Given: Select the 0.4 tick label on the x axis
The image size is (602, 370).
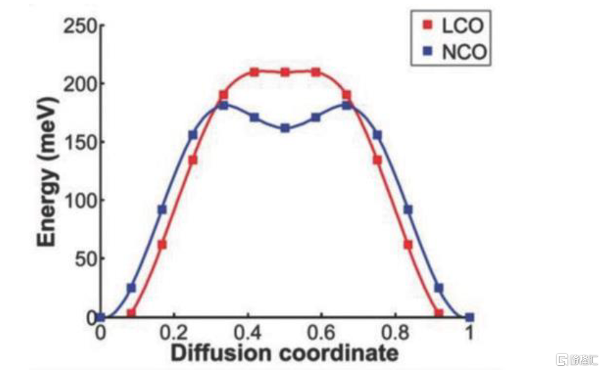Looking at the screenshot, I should click(248, 334).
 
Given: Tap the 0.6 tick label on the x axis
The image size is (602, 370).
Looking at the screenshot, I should click(322, 334).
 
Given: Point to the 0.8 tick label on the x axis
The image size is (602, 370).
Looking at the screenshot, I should click(396, 334).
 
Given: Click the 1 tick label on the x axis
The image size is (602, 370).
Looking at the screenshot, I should click(470, 334).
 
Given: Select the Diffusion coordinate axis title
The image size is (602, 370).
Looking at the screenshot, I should click(285, 353).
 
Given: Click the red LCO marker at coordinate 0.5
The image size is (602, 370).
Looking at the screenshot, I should click(285, 72).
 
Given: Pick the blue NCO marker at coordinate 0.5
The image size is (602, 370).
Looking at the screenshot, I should click(285, 129).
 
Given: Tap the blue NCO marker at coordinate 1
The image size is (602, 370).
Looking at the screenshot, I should click(470, 317).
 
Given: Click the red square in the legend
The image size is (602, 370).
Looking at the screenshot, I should click(428, 26).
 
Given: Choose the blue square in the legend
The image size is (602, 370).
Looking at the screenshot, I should click(428, 52).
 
